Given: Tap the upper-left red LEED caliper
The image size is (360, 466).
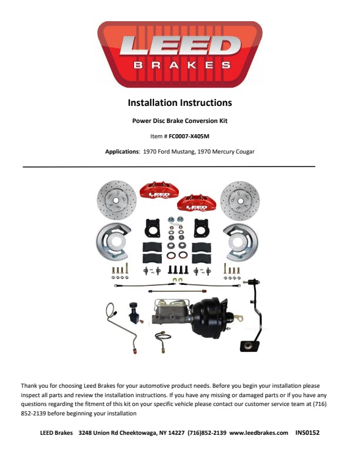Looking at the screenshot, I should click(159, 191).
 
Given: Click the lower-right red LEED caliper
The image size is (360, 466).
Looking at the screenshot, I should click(196, 203).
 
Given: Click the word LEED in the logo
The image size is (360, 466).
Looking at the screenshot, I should click(179, 46).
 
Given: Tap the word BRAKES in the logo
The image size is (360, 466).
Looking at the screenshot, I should click(179, 65).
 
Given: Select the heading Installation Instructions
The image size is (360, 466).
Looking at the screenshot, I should click(179, 103).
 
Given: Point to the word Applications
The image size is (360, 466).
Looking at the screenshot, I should click(122, 151).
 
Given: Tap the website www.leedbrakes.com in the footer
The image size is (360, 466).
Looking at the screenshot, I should click(258, 432).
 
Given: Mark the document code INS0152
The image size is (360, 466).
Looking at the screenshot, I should click(307, 432).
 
